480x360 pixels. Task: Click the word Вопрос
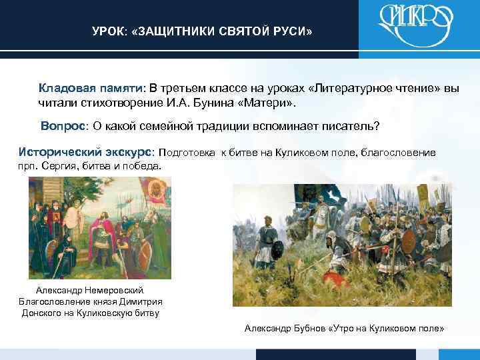[x=63, y=126]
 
